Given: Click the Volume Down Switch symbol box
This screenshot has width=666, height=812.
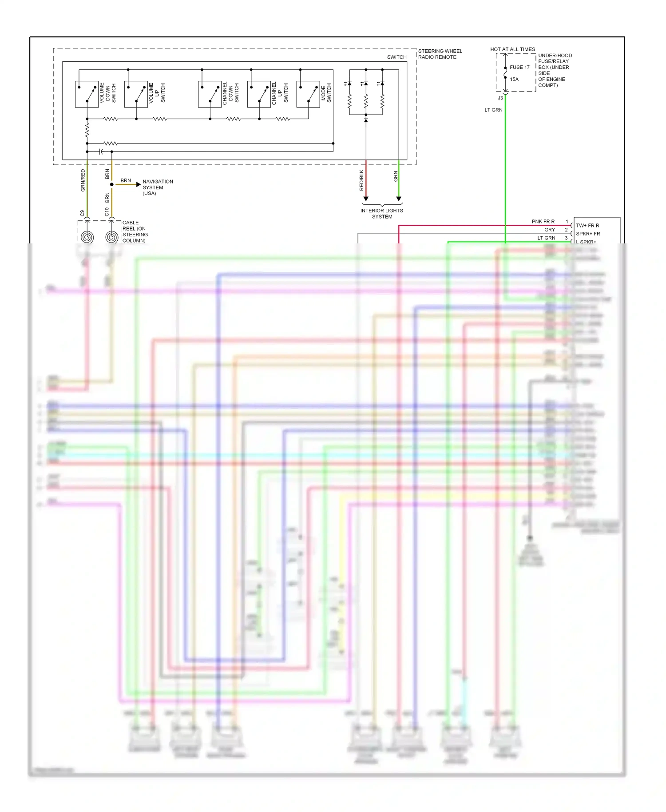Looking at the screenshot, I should click(x=87, y=94).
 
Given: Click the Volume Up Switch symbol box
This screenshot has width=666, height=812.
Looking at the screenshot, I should click(x=136, y=94).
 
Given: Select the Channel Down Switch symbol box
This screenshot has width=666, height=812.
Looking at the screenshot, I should click(x=210, y=94).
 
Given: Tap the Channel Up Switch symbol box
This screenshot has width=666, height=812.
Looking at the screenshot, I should click(x=259, y=94).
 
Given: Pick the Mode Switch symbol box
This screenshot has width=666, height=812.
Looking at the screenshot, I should click(x=308, y=94).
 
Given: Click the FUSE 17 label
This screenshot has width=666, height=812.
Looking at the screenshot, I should click(x=519, y=68).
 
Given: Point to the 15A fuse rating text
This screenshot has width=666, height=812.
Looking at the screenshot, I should click(x=514, y=80).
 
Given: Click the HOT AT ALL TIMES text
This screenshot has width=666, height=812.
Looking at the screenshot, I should click(x=512, y=49).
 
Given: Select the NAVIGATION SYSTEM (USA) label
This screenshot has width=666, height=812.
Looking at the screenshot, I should click(x=157, y=187).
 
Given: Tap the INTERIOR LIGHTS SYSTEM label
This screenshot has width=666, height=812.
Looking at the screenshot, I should click(x=382, y=214).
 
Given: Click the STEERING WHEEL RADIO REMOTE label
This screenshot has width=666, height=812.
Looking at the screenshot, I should click(x=440, y=54).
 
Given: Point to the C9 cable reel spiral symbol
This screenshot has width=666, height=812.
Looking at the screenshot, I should click(x=87, y=237).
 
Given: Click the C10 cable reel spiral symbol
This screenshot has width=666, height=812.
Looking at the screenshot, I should click(x=112, y=237).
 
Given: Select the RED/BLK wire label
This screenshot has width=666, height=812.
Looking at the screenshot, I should click(x=361, y=180).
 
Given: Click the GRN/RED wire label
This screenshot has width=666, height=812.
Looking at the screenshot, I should click(x=83, y=180).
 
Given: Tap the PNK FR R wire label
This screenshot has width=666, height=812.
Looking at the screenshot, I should click(x=543, y=222).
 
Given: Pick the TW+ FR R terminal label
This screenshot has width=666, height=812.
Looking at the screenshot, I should click(x=587, y=226).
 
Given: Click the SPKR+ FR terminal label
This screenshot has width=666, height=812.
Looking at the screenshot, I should click(x=588, y=234).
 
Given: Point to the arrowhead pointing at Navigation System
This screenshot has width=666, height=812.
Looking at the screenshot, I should click(x=138, y=184).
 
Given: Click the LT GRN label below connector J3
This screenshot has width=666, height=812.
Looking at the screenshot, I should click(x=493, y=110).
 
